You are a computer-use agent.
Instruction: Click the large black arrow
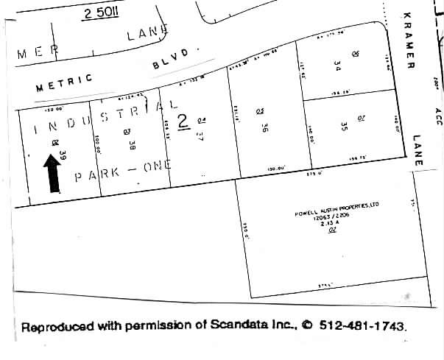click(x=53, y=172)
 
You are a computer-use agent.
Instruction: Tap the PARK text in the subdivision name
click(x=94, y=176)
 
